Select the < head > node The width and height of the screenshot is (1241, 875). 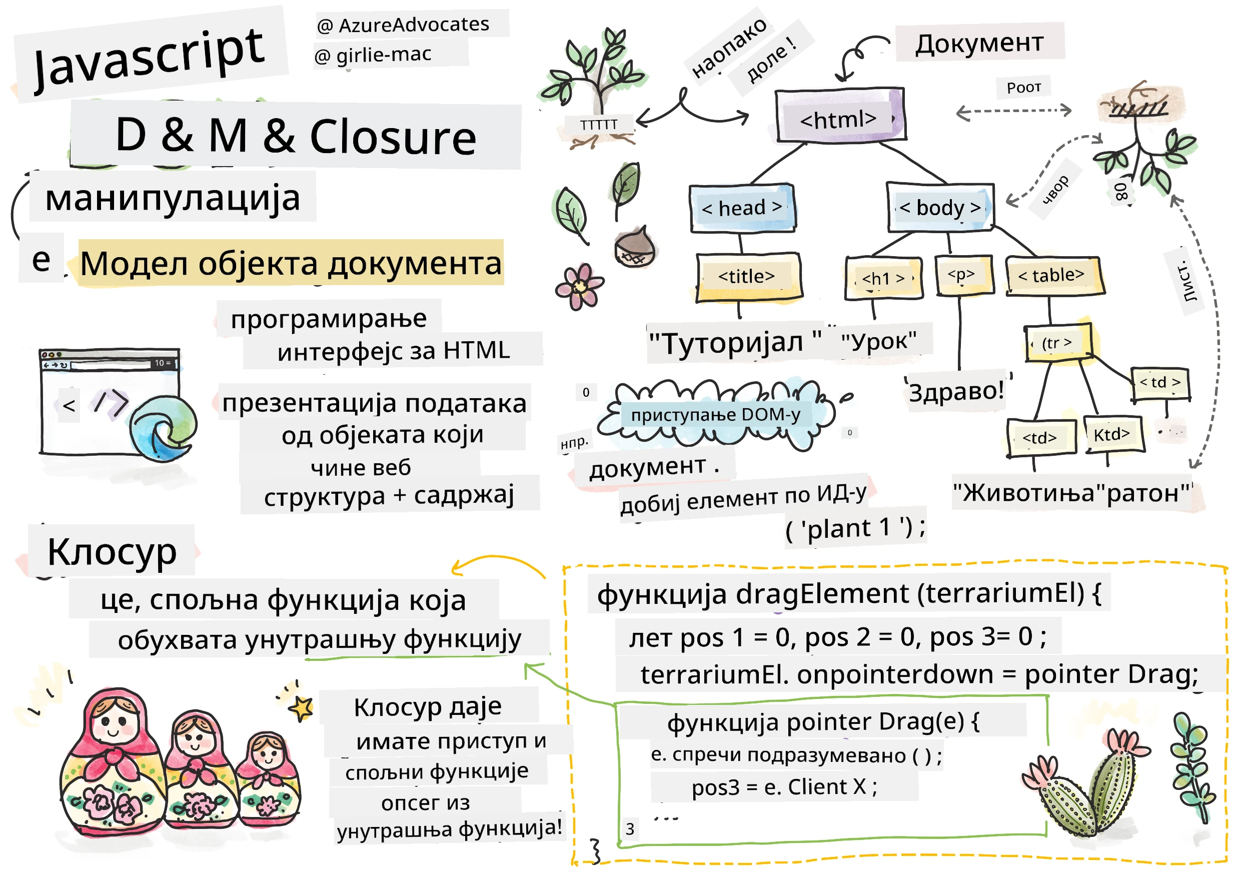742,208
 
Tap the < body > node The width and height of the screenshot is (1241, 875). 940,208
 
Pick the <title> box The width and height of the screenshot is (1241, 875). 748,277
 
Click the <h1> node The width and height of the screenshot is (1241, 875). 883,278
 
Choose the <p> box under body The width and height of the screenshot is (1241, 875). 964,276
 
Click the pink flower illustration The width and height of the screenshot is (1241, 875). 579,287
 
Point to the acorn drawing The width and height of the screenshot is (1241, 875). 635,248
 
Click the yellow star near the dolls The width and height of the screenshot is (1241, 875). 302,707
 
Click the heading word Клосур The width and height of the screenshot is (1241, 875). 112,552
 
